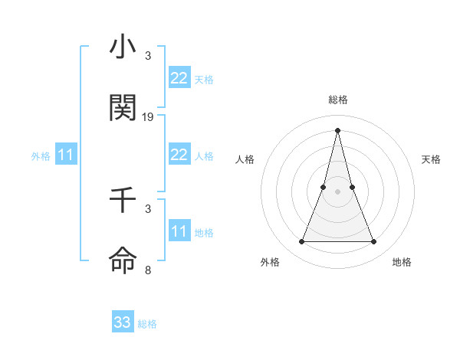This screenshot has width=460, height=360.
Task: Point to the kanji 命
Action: click(x=123, y=260)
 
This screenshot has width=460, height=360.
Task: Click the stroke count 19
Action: click(x=148, y=117)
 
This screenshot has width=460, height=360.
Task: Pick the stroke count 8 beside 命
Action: click(x=148, y=270)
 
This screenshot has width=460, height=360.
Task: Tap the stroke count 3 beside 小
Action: click(x=148, y=56)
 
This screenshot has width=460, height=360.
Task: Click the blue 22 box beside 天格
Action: click(x=179, y=78)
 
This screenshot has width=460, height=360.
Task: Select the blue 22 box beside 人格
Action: click(x=179, y=155)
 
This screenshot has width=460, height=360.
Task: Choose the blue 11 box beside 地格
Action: click(x=179, y=231)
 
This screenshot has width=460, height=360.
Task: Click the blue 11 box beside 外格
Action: click(x=65, y=155)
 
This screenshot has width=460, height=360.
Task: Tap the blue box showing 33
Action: click(x=123, y=322)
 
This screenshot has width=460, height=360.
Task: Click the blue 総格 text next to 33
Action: click(x=147, y=324)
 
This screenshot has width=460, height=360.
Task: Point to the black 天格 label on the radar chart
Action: click(x=432, y=159)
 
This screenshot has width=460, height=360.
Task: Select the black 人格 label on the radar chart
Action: click(x=245, y=159)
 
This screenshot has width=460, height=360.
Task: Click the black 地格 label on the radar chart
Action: click(x=402, y=262)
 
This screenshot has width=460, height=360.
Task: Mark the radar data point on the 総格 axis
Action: click(x=337, y=130)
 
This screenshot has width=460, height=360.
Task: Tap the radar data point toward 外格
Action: click(x=301, y=242)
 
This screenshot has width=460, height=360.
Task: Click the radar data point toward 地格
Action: click(x=374, y=242)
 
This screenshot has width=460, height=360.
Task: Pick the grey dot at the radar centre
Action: click(x=337, y=191)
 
